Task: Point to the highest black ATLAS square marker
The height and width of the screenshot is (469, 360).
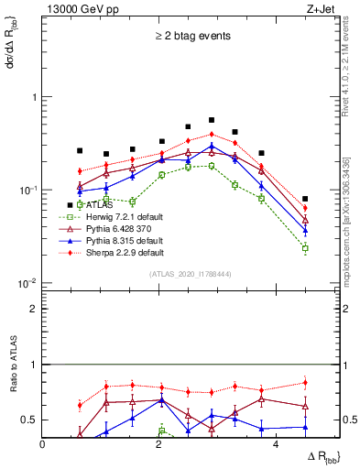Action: [x=212, y=120]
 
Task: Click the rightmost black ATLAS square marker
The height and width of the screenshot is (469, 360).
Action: [x=305, y=199]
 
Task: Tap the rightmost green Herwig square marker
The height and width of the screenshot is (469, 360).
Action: [x=305, y=248]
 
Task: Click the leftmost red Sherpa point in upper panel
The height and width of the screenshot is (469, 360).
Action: [x=80, y=171]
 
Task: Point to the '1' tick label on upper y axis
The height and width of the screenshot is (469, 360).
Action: [x=34, y=97]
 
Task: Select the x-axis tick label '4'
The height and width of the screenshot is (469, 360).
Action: [x=276, y=444]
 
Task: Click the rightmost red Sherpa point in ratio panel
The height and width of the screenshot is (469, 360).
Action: [x=305, y=383]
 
